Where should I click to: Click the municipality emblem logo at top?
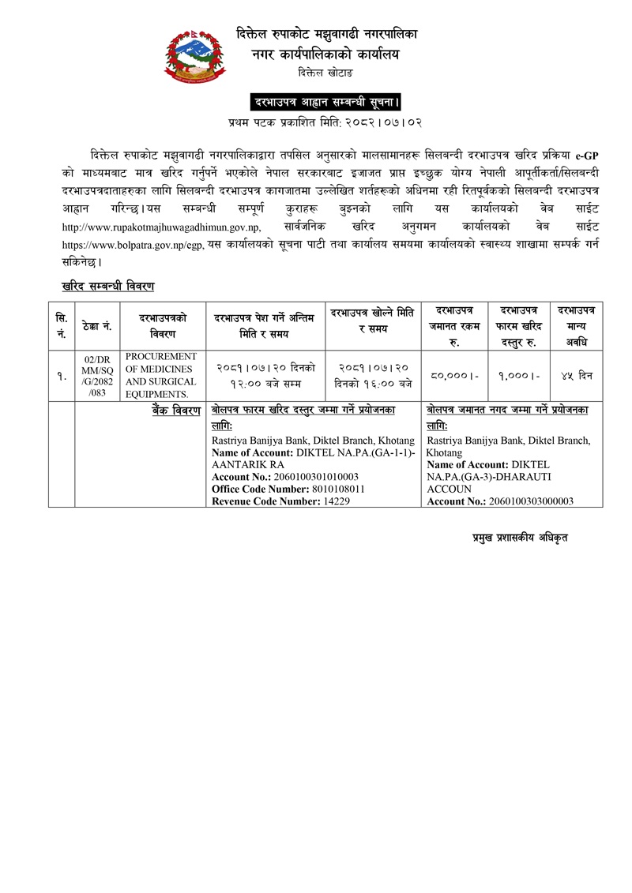click(x=194, y=54)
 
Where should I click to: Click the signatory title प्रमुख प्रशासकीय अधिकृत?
click(x=515, y=537)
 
